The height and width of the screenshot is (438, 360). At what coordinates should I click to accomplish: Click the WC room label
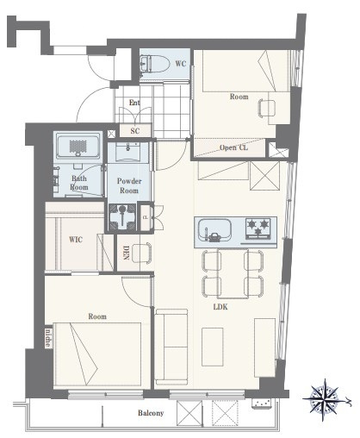click(181, 64)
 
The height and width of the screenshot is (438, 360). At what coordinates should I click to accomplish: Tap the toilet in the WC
click(154, 64)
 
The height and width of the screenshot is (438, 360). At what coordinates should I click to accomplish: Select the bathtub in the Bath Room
click(78, 146)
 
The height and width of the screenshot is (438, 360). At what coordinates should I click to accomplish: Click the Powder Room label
click(129, 185)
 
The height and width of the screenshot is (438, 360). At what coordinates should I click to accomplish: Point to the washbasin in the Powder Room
click(128, 152)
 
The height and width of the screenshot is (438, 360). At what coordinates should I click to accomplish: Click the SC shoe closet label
click(135, 131)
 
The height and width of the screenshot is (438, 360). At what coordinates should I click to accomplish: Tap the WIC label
click(76, 240)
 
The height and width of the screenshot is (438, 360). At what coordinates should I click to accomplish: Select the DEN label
click(126, 253)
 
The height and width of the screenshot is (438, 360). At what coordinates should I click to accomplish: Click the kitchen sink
click(214, 230)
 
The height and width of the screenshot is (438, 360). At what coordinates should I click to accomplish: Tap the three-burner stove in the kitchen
click(258, 229)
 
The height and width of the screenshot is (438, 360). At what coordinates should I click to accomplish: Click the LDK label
click(220, 307)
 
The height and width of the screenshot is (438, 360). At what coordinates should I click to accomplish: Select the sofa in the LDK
click(171, 347)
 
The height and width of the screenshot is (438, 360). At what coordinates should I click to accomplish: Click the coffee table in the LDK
click(213, 347)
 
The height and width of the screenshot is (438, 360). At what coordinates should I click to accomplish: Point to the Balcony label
click(151, 413)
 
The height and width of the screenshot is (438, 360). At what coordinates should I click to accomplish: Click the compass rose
click(325, 399)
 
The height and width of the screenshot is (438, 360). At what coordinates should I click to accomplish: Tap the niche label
click(48, 338)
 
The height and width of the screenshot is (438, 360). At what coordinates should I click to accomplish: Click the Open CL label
click(233, 147)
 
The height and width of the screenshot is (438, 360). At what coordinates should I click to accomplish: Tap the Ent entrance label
click(134, 103)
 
